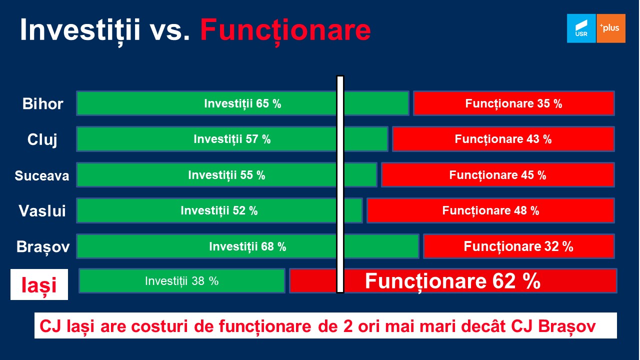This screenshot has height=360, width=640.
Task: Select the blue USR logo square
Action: pos(581,28)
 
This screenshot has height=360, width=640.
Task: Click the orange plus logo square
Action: pos(611,28)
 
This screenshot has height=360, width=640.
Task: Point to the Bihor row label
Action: pos(43,103)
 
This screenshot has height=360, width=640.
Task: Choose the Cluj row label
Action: pos(42,140)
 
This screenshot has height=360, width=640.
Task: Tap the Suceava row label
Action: pos(42,175)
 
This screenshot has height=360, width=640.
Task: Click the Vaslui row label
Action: pos(42,211)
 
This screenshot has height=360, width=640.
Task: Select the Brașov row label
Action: pos(43,246)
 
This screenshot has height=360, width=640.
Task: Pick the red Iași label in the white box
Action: pos(39,285)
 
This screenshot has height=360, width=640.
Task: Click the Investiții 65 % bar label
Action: pos(242,103)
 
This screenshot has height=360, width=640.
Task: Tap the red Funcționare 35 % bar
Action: pos(513,103)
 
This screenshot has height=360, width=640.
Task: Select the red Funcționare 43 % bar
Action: pos(503,139)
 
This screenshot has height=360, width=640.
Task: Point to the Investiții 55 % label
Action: pos(226,175)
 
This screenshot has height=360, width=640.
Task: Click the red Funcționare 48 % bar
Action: pos(490,210)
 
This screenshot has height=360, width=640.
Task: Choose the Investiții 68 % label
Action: pos(247,246)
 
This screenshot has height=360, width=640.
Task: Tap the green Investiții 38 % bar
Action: pos(182,281)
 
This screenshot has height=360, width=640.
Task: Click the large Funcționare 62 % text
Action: pos(453,281)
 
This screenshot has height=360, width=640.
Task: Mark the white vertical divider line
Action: pos(340,184)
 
